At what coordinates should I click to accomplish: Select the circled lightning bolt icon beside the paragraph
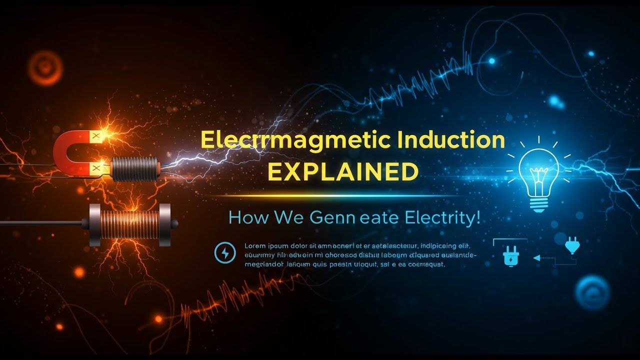pyautogui.click(x=224, y=252)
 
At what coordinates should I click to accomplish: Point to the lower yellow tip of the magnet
pyautogui.click(x=95, y=168)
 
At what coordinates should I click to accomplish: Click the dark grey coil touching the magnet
pyautogui.click(x=134, y=168)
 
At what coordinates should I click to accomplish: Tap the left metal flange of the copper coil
pyautogui.click(x=94, y=224)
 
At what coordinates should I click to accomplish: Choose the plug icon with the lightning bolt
pyautogui.click(x=510, y=257)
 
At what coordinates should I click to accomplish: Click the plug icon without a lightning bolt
pyautogui.click(x=571, y=245)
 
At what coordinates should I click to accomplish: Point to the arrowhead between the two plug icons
pyautogui.click(x=536, y=258)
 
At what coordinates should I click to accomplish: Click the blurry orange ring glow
pyautogui.click(x=45, y=67)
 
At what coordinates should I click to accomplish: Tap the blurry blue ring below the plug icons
pyautogui.click(x=592, y=292)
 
